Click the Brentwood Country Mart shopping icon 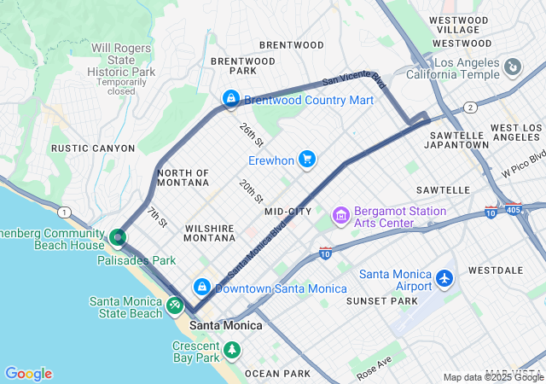coord(229,100)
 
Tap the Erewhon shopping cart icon coord(307,160)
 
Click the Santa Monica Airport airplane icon coord(444,278)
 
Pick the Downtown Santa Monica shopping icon coord(202,288)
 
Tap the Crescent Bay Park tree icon coord(231,350)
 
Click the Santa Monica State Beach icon coord(175,305)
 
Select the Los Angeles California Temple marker coord(513,67)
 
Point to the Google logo coord(28,374)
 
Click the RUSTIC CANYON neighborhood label coord(93,148)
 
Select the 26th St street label coord(251,135)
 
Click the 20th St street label coord(250,191)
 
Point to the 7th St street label coord(157,218)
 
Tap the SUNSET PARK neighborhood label coord(381,301)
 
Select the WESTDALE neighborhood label coord(496,270)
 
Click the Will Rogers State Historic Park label coord(125,67)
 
